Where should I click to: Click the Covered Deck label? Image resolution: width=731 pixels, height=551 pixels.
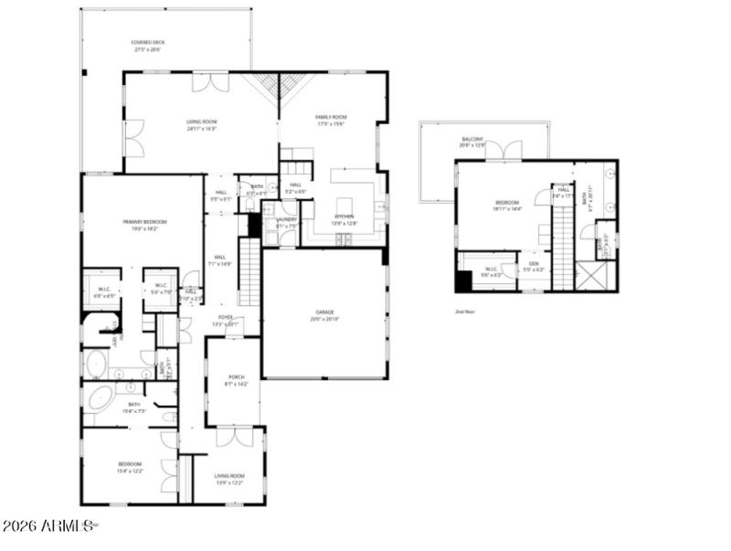tap(146, 46)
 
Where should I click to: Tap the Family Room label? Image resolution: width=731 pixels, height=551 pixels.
tap(331, 120)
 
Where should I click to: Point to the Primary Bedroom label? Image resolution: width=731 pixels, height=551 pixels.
tap(142, 225)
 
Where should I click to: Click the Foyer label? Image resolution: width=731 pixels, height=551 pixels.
tap(225, 321)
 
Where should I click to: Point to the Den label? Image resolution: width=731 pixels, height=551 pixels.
tap(535, 267)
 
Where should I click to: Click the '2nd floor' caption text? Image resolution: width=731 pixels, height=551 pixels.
tap(466, 312)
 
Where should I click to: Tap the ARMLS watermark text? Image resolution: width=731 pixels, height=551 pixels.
tap(48, 526)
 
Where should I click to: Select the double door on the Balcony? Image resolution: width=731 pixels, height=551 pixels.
tap(503, 151)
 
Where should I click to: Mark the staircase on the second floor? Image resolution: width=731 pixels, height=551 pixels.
tap(563, 247)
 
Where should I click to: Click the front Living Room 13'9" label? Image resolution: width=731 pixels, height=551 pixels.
tap(229, 479)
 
